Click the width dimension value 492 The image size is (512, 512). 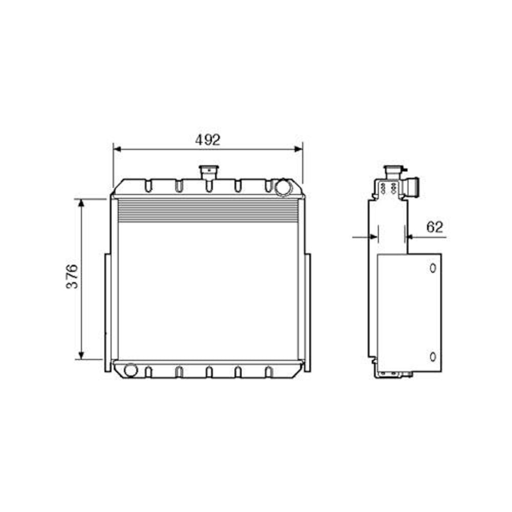coord(208,140)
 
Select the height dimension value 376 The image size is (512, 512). coord(72,276)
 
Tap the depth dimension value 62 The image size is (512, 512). coord(434,227)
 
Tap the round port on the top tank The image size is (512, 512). coord(282,187)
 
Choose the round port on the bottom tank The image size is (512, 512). coord(131,369)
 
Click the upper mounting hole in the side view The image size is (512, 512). coord(433,268)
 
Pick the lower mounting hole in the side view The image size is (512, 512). coord(433,356)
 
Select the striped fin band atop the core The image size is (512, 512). coord(207,211)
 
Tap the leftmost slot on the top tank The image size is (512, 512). coord(148,185)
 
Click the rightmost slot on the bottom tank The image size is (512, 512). coord(268,372)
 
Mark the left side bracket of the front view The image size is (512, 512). coord(107,312)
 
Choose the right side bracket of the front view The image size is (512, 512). coord(307,312)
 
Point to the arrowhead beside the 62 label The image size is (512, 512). coord(409,237)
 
